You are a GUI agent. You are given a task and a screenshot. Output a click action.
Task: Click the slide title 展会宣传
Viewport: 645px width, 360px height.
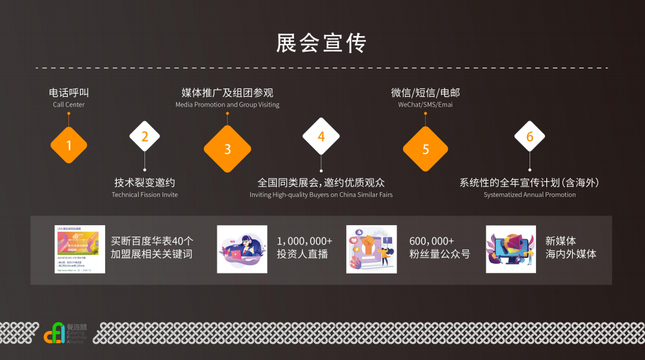321,43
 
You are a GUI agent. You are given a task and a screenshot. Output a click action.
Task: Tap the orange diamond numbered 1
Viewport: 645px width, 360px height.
68,145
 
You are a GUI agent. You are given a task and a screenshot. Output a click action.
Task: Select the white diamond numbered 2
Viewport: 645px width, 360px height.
144,136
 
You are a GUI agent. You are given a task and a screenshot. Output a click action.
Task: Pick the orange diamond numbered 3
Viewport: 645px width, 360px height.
227,149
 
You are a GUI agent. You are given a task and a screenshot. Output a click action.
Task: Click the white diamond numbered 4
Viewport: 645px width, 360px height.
321,136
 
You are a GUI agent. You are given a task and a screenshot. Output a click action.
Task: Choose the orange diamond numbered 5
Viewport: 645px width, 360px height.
425,149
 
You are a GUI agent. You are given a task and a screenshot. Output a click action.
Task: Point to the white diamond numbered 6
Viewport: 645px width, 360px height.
530,136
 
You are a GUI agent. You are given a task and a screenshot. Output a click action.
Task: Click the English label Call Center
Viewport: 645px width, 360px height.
68,105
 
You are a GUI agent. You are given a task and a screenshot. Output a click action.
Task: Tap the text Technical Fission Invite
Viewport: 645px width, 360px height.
144,195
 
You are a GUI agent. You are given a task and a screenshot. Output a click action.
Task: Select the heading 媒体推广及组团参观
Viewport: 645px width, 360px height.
227,92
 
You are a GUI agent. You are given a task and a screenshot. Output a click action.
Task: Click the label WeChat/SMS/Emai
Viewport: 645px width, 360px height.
425,105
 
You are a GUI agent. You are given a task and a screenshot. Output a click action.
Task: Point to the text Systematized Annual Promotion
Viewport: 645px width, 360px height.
530,195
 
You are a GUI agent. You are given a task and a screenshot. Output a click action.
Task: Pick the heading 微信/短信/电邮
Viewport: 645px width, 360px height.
425,92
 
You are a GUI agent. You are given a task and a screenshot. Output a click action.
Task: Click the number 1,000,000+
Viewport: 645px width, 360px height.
304,241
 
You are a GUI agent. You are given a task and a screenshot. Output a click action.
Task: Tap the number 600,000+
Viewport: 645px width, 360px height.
432,241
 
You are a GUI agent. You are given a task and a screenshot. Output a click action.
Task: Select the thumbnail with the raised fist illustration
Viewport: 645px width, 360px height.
372,249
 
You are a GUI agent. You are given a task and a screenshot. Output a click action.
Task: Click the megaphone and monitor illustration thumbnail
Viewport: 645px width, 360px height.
511,249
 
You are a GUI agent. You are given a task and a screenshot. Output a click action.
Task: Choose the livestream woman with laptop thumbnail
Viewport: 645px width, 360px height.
242,249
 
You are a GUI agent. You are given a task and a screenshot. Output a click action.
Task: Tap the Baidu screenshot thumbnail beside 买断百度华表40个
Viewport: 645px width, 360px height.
79,249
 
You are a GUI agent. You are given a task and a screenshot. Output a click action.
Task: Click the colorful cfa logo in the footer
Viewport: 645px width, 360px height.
54,333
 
